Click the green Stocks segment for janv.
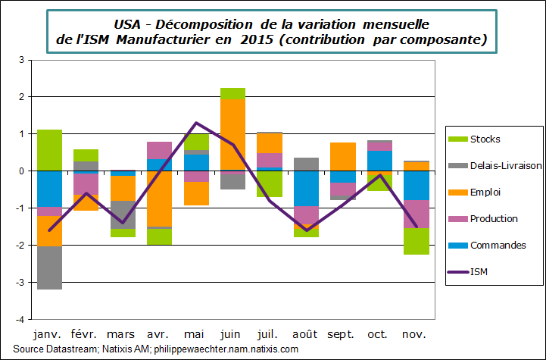point(50,150)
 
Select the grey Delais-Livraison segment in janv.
point(50,268)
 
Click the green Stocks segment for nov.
point(415,241)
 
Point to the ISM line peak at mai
point(196,123)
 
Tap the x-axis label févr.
point(86,334)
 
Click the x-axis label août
point(305,334)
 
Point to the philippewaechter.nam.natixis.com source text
point(225,349)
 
